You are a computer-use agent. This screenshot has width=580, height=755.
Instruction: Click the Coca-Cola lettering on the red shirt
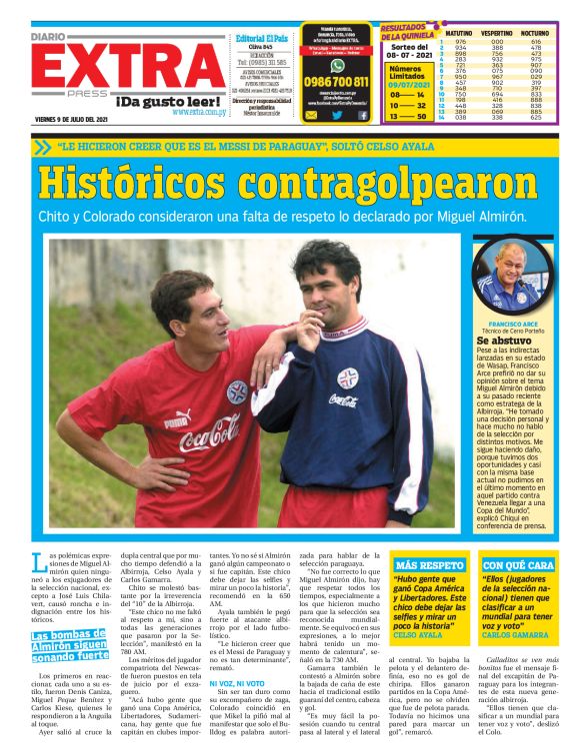[x=210, y=437]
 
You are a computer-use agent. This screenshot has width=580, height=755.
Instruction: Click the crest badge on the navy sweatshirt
[x=347, y=377]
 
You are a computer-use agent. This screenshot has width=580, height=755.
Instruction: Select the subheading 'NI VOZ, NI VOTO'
[x=236, y=683]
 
